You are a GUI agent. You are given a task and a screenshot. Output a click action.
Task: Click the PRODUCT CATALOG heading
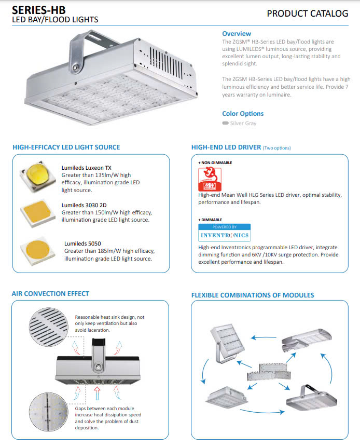click(307, 13)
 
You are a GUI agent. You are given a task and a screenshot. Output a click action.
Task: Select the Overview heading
click(236, 33)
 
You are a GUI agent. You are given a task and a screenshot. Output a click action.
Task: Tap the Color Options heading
click(242, 114)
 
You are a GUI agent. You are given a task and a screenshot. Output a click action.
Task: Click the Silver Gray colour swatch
click(225, 124)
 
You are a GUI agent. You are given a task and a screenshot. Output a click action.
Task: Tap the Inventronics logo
click(224, 233)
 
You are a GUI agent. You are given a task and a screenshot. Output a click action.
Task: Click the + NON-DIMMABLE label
click(215, 162)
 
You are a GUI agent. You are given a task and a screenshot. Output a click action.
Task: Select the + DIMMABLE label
click(210, 220)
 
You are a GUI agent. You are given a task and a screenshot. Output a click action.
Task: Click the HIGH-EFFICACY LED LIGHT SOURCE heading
click(66, 147)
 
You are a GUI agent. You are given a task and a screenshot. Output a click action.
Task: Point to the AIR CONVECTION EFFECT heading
click(50, 294)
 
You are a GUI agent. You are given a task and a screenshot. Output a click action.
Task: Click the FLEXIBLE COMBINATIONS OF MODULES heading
click(253, 295)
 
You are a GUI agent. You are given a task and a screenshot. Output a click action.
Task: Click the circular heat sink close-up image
click(49, 327)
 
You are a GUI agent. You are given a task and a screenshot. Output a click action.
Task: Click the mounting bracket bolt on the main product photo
click(76, 66)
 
